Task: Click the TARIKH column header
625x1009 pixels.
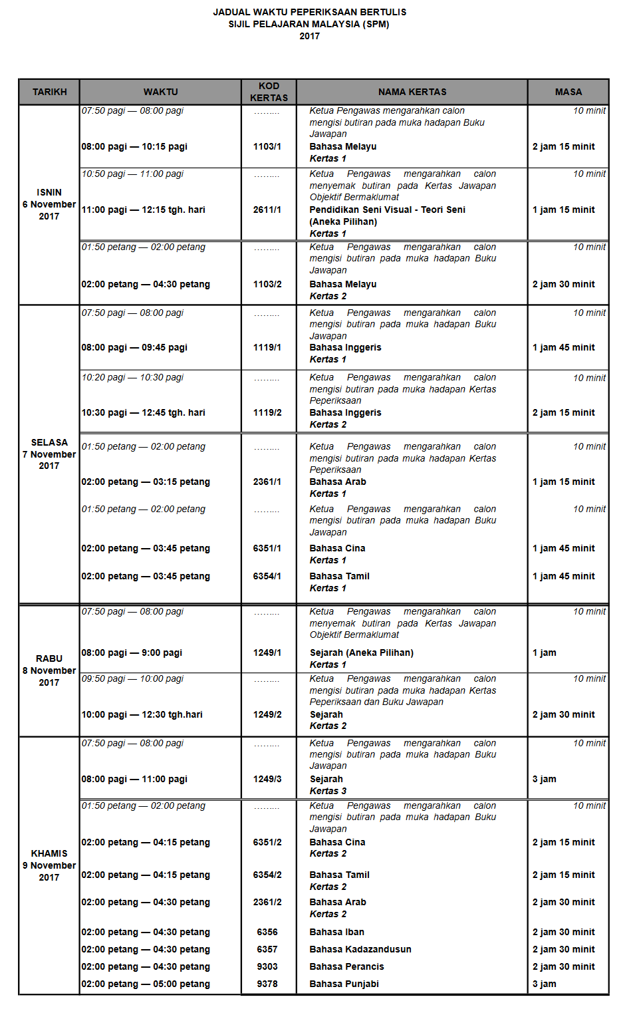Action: [x=49, y=92]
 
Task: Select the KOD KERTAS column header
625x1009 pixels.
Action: [x=269, y=92]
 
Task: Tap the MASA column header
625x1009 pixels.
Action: [x=568, y=92]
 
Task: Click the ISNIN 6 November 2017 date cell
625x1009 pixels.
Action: [x=49, y=204]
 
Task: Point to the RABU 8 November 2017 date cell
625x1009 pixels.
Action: [x=49, y=670]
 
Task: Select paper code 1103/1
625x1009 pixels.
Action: [x=267, y=146]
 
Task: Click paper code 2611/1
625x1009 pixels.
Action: [x=267, y=210]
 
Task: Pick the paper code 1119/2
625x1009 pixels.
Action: [x=267, y=412]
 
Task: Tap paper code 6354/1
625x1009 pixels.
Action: [x=267, y=576]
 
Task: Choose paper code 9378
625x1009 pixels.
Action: [x=267, y=984]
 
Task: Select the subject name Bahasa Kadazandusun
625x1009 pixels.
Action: [x=360, y=949]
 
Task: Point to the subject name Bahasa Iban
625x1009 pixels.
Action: [x=336, y=932]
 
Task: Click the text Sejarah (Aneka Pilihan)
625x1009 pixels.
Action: [x=361, y=652]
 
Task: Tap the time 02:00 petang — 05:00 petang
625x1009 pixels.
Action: [x=146, y=984]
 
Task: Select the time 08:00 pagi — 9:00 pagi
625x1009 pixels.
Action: [x=132, y=652]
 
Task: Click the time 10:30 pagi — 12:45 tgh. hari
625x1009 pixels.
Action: [x=143, y=412]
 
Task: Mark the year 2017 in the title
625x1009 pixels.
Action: [x=309, y=36]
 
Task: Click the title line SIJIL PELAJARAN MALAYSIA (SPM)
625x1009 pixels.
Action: [x=309, y=24]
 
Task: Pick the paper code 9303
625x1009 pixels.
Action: [x=267, y=966]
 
